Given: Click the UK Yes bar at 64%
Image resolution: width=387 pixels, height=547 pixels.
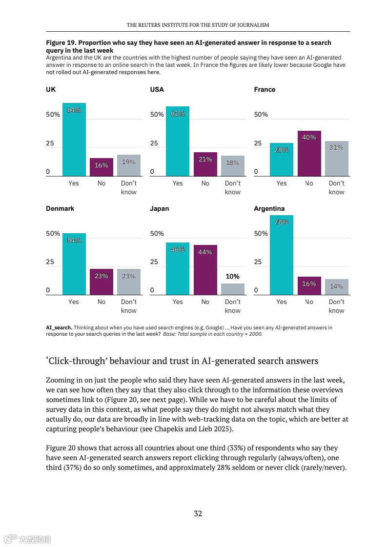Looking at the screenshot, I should [74, 140].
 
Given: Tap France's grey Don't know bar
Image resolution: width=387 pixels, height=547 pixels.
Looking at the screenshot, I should [337, 159].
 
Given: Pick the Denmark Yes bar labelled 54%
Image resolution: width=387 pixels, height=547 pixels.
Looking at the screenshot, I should [74, 264].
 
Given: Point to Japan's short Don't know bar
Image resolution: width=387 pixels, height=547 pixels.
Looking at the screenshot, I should [233, 289].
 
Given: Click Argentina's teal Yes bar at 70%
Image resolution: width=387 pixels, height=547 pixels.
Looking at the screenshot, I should [282, 255].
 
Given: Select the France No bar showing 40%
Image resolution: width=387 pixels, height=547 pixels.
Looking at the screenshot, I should [309, 153].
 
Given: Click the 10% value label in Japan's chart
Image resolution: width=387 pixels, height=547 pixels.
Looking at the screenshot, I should [232, 277].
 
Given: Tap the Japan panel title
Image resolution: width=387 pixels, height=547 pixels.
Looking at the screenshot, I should [160, 208].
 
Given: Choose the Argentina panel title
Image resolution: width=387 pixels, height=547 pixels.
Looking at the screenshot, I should [269, 208].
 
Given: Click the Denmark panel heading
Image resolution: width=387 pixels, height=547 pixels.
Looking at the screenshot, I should [60, 208].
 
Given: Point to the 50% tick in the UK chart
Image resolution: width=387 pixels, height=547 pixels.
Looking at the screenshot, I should [53, 115].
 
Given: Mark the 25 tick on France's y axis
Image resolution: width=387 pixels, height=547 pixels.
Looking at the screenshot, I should [258, 143].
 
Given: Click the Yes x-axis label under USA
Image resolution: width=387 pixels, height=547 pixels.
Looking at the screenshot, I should [178, 183].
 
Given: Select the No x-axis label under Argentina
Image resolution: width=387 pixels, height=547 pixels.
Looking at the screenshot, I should [309, 302].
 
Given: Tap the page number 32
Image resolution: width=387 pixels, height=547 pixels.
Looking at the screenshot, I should [198, 513].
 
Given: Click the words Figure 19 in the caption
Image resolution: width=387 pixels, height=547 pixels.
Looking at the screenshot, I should [60, 43].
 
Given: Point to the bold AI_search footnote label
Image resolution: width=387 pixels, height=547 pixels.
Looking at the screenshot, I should [59, 327].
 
